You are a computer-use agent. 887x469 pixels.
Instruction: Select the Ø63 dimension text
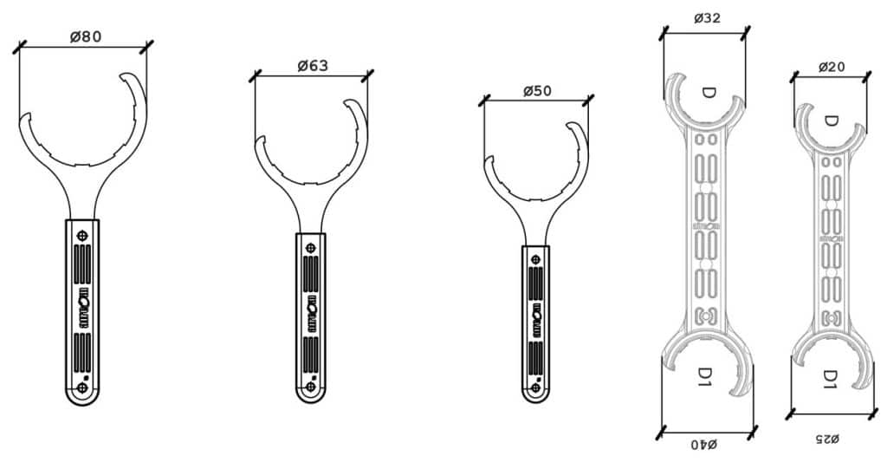pyautogui.click(x=312, y=67)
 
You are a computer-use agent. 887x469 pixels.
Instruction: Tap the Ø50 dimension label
pyautogui.click(x=537, y=92)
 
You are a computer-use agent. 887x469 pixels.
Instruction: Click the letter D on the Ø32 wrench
pyautogui.click(x=709, y=92)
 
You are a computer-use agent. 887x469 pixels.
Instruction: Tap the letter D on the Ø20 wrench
pyautogui.click(x=831, y=121)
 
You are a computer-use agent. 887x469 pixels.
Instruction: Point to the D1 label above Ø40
pyautogui.click(x=707, y=375)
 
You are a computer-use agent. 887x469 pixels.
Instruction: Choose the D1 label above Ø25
pyautogui.click(x=829, y=378)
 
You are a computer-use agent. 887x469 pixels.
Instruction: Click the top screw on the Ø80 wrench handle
pyautogui.click(x=82, y=235)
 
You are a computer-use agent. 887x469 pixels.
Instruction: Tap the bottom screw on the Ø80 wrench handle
pyautogui.click(x=82, y=388)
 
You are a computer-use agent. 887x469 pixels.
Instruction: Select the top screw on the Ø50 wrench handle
pyautogui.click(x=535, y=258)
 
